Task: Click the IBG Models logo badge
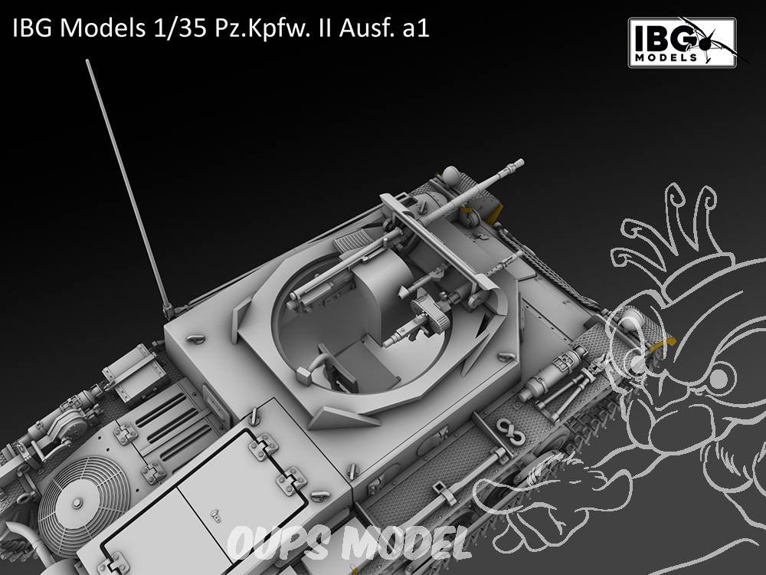[x=682, y=42]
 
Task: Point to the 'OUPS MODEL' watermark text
[x=349, y=543]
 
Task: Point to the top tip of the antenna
[x=87, y=61]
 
